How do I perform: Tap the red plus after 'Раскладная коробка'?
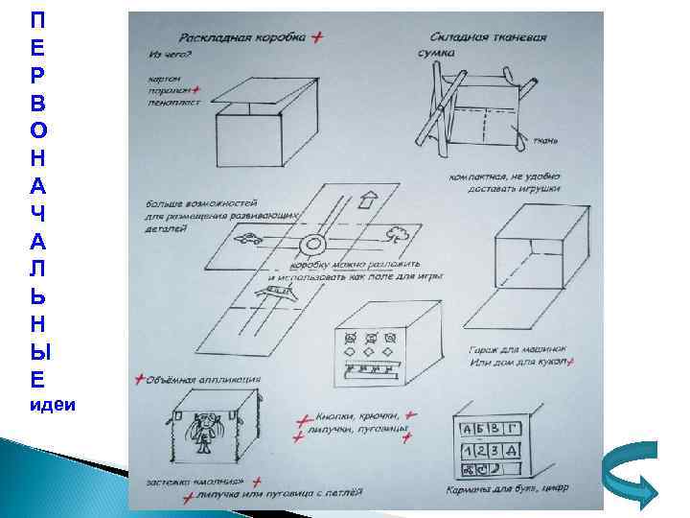[x=318, y=36]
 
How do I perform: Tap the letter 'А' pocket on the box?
[x=471, y=430]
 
